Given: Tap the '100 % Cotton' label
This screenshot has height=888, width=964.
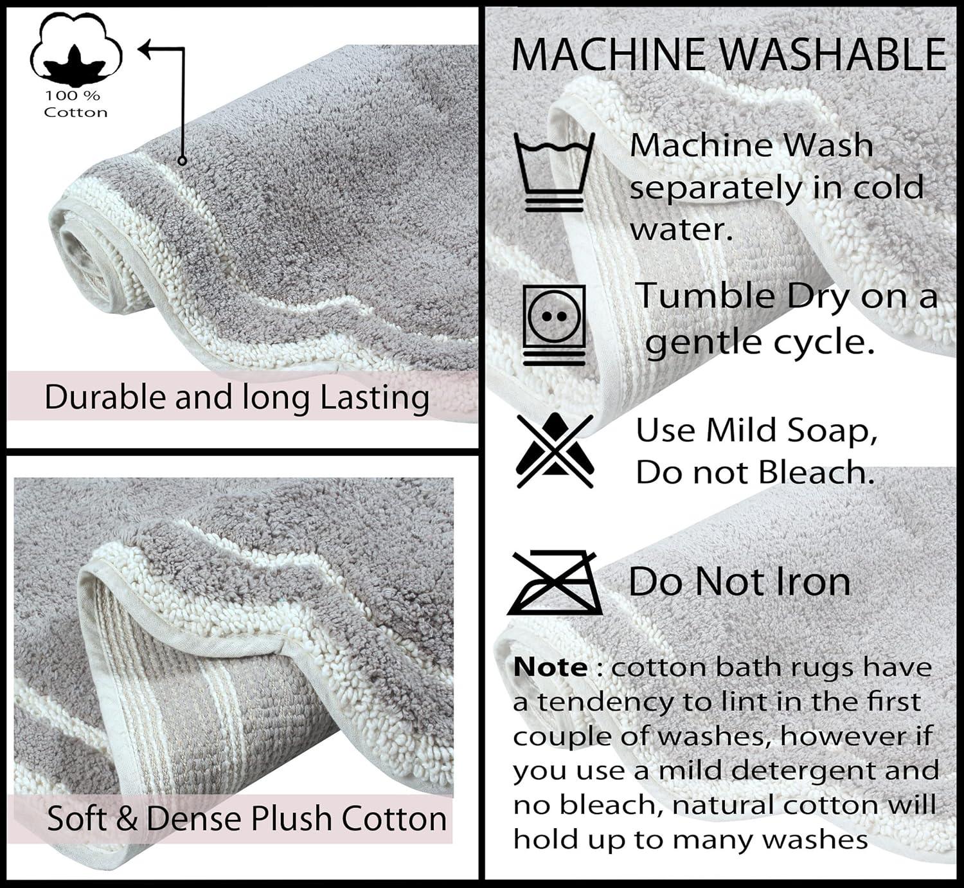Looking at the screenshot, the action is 75,104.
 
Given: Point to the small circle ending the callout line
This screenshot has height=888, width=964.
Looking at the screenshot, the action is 182,161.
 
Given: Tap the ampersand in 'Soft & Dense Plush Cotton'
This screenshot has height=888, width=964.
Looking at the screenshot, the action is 127,819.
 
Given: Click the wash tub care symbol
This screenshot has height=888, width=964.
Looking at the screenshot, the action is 554,172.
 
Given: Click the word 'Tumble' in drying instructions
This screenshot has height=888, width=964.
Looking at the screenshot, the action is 704,296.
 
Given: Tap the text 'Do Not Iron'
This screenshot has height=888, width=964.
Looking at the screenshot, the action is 739,582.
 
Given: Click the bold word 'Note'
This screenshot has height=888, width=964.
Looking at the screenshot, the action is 550,667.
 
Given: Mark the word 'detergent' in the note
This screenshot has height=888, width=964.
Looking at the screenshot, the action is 807,772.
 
